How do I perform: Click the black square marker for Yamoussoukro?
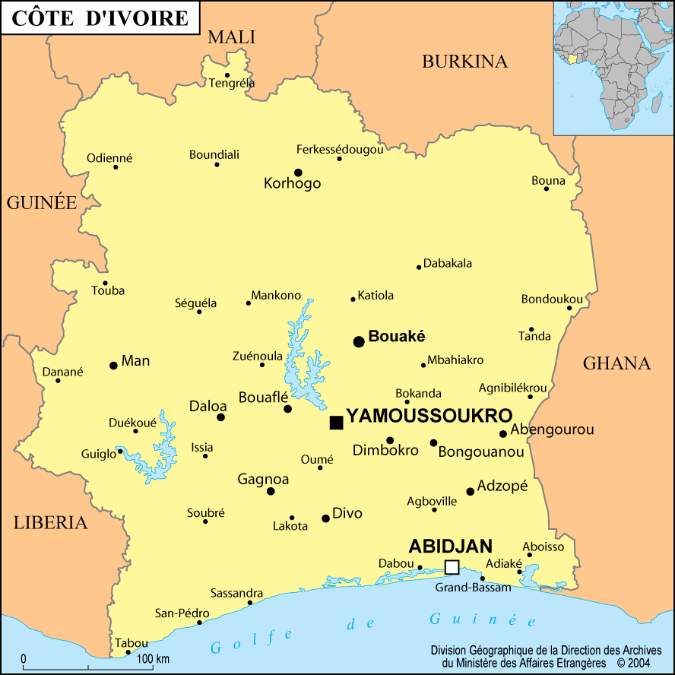tap(336, 422)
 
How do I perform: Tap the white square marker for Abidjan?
tap(452, 567)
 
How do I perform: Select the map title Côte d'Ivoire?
tap(100, 17)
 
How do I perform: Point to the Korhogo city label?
tap(292, 183)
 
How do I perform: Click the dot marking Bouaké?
tap(359, 341)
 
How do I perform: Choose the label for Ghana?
tap(616, 363)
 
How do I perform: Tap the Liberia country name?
tap(50, 523)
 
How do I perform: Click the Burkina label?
tap(464, 62)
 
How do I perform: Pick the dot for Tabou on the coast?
tap(128, 652)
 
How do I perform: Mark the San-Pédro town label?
tap(177, 613)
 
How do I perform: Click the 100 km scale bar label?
tap(152, 658)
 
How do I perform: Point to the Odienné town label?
tap(109, 158)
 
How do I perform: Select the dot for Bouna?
tap(546, 189)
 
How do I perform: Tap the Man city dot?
tap(113, 366)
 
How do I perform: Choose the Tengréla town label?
tap(232, 83)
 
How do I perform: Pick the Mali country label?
tap(231, 36)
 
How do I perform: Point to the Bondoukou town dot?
tap(569, 308)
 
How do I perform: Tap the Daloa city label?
tap(208, 407)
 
